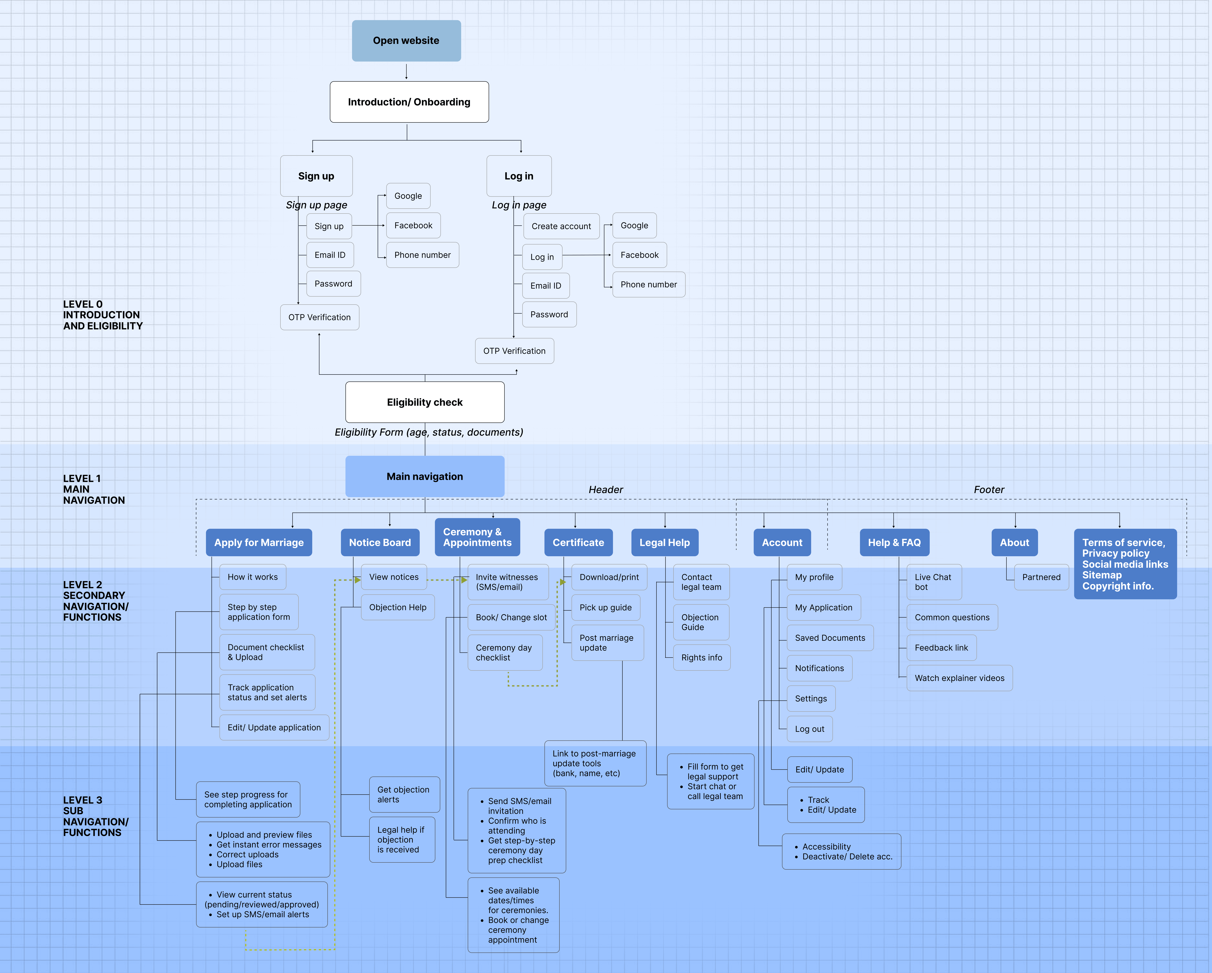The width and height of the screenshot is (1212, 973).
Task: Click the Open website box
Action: [406, 40]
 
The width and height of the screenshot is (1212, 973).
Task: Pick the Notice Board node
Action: [380, 542]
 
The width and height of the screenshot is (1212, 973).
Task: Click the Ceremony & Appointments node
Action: [477, 537]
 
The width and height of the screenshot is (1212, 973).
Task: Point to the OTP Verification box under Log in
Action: [514, 351]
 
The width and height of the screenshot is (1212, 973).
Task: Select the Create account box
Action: [561, 226]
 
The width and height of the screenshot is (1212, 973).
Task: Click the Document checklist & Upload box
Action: [267, 652]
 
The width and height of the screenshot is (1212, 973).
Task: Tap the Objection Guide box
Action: [701, 622]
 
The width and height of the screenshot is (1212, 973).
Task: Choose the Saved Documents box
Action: [830, 638]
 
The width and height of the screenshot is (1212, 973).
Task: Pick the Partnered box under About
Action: [1041, 577]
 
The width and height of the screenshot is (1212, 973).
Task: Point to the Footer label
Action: [989, 490]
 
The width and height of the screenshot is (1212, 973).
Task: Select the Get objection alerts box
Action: [404, 794]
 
